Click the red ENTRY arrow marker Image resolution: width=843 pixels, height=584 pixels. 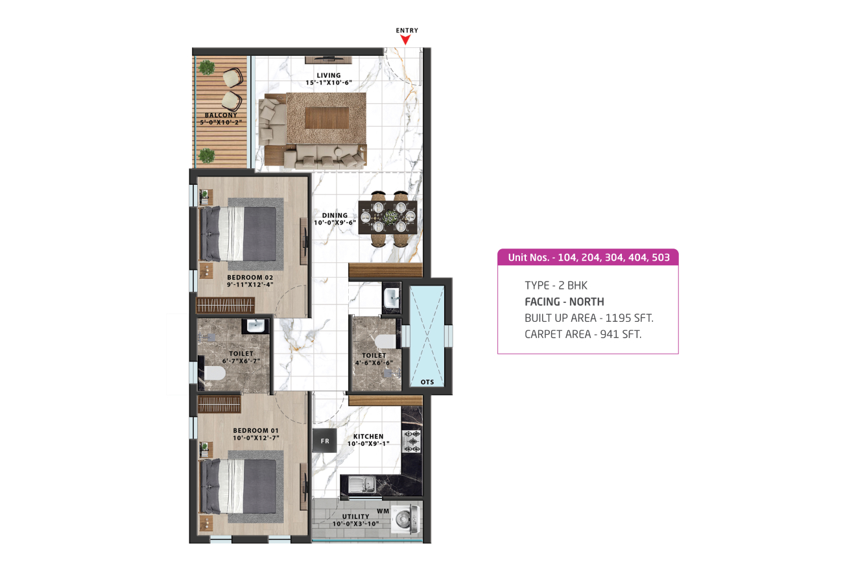tap(405, 40)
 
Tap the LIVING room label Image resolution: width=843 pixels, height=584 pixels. tap(329, 75)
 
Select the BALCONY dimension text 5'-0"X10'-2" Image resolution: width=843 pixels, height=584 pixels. tap(221, 123)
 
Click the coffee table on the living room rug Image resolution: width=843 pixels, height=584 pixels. tap(327, 117)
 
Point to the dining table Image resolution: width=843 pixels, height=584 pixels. tap(388, 217)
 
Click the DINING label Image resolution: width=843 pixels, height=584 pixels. tap(335, 215)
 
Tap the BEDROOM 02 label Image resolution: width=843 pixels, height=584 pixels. tap(250, 278)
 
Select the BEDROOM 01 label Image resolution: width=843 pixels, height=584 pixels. tap(256, 430)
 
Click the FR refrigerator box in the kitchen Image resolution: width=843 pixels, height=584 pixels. tap(325, 441)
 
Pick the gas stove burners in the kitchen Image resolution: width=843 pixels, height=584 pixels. tap(412, 441)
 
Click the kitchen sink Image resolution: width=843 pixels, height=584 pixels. tap(362, 484)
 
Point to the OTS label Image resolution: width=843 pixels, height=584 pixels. tap(427, 382)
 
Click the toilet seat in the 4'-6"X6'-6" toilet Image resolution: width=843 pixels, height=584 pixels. tap(385, 341)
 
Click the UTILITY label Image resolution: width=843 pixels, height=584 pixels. tap(355, 517)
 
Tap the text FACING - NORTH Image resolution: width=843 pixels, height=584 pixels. tap(564, 302)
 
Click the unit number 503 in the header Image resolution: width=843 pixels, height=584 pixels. tap(661, 258)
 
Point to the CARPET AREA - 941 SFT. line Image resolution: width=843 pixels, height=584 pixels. tap(583, 334)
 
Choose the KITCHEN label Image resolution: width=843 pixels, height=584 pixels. tap(368, 437)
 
